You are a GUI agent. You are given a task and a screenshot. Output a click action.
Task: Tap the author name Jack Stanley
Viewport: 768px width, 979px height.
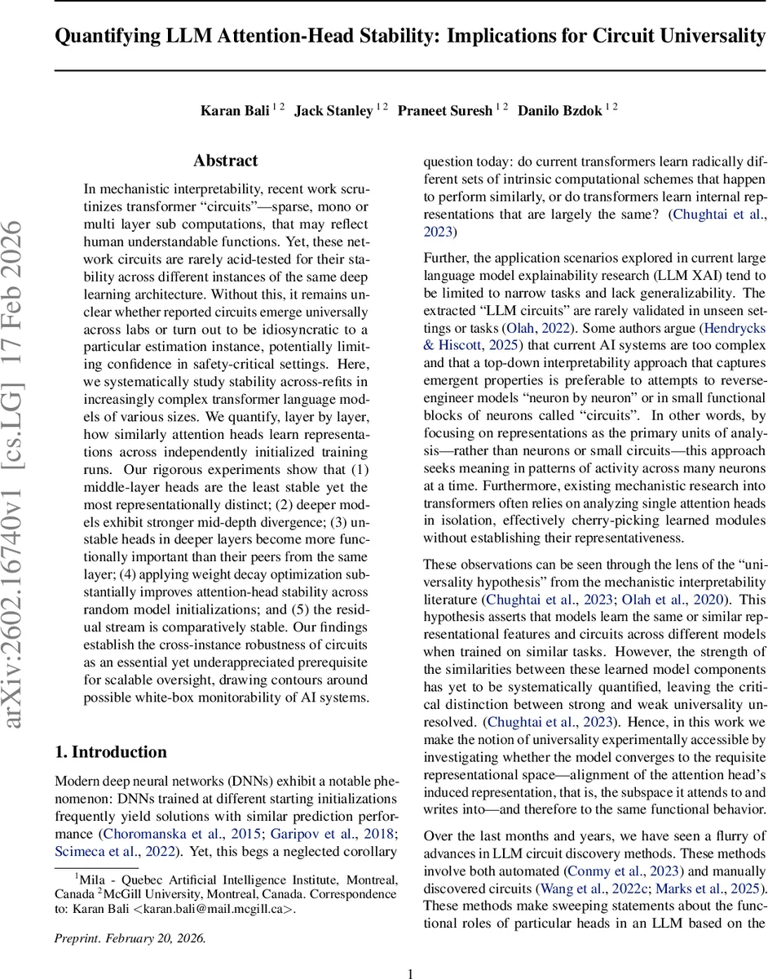click(x=333, y=111)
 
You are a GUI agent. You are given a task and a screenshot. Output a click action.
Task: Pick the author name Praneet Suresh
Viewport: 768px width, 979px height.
click(x=444, y=111)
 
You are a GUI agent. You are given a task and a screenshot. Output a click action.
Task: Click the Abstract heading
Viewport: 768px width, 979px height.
click(x=226, y=161)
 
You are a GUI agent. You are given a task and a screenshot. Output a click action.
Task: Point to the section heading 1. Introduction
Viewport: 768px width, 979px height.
click(x=110, y=751)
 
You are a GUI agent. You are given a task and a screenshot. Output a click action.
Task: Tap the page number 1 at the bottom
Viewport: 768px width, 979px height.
click(x=411, y=950)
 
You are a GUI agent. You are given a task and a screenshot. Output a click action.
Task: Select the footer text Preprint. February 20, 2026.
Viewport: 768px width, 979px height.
click(x=130, y=915)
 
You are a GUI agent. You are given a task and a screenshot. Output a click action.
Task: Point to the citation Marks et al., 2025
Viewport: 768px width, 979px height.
click(x=711, y=865)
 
